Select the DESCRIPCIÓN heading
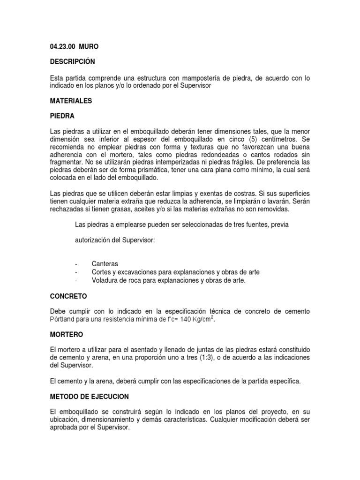tap(72, 62)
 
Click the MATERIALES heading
tap(70, 100)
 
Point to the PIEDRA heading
tap(62, 116)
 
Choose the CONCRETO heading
tap(68, 296)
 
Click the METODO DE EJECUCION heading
tap(89, 396)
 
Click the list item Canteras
tap(105, 263)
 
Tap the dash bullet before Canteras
tap(76, 263)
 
